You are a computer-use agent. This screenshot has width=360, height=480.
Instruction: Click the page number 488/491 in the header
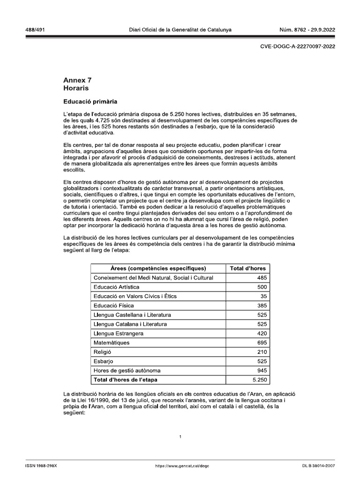click(35, 30)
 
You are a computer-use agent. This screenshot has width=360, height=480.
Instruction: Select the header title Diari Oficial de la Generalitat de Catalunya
click(180, 30)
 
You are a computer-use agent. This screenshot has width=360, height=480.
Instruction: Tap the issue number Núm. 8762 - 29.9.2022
click(307, 30)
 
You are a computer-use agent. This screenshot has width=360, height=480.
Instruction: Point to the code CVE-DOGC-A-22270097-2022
click(297, 46)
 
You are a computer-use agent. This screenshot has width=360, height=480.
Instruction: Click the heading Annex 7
click(78, 80)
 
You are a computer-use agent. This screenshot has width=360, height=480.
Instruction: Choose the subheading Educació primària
click(90, 101)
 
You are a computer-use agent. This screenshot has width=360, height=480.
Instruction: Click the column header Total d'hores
click(248, 269)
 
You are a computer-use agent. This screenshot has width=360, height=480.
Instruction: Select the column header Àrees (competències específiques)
click(158, 269)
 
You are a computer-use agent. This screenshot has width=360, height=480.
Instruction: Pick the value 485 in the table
click(261, 278)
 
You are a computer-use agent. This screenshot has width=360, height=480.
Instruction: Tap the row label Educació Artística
click(116, 287)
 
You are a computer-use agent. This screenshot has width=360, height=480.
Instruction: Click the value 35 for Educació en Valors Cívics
click(263, 296)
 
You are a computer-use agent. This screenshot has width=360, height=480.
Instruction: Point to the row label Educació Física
click(114, 306)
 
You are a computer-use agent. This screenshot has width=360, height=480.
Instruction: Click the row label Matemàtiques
click(112, 343)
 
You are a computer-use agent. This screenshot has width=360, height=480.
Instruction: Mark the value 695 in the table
click(261, 343)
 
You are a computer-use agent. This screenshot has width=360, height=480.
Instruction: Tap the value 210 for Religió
click(261, 352)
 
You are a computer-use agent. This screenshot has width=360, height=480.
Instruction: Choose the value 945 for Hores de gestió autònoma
click(261, 370)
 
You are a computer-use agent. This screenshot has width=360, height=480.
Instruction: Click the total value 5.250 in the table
click(259, 380)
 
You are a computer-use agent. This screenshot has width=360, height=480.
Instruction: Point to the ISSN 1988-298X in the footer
click(41, 466)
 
